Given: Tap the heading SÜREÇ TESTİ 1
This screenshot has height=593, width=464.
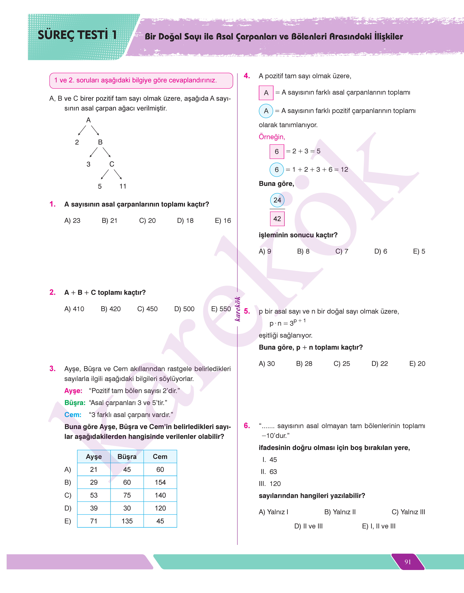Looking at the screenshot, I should click(77, 35).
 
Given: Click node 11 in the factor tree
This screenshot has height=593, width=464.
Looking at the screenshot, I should click(123, 186).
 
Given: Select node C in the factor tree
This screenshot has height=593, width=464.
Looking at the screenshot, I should click(112, 164).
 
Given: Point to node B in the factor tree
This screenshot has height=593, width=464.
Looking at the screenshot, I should click(100, 142).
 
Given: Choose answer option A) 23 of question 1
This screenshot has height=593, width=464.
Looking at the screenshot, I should click(72, 221).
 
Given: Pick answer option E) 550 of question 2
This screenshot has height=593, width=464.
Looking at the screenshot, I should click(221, 309).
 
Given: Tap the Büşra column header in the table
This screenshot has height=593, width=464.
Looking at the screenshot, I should click(127, 457).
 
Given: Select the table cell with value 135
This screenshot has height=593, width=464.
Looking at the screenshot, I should click(127, 521).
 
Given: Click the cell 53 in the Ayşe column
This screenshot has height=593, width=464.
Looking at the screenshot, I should click(94, 495).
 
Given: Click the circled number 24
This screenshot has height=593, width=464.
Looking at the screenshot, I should click(277, 200).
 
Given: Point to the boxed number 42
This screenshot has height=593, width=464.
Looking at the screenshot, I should click(277, 219).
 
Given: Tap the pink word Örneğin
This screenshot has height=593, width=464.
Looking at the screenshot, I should click(272, 137).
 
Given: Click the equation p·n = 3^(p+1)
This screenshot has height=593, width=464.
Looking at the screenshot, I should click(287, 323).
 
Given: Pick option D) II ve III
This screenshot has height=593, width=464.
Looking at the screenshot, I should click(308, 526).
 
